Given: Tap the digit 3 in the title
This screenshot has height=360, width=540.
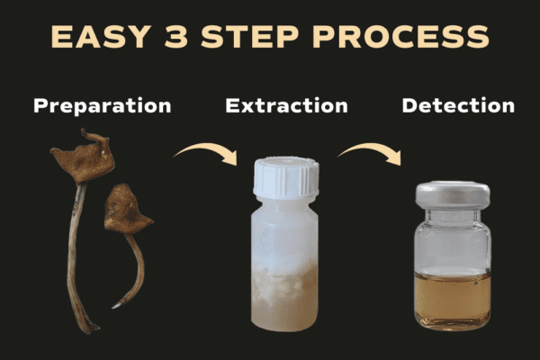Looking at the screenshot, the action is click(x=176, y=37).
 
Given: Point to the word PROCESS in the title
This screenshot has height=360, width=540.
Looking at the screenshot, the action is click(x=400, y=37).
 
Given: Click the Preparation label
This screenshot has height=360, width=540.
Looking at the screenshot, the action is click(x=103, y=106).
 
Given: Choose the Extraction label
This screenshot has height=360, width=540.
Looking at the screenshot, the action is click(x=286, y=106).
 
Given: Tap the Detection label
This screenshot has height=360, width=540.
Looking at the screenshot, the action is click(x=458, y=106).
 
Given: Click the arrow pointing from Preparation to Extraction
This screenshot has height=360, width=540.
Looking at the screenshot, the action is click(x=207, y=148).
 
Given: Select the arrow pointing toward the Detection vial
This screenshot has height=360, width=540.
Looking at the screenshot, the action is click(x=371, y=148).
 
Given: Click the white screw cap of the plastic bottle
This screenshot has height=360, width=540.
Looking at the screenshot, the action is click(x=286, y=177).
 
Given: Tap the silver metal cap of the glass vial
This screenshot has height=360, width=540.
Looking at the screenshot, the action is click(x=453, y=194).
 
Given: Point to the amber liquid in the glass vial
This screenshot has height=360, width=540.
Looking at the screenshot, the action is click(x=453, y=298).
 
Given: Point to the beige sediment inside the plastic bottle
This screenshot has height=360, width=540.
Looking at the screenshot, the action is click(x=284, y=296).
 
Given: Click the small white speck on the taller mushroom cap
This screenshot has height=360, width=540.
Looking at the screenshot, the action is click(x=103, y=152).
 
